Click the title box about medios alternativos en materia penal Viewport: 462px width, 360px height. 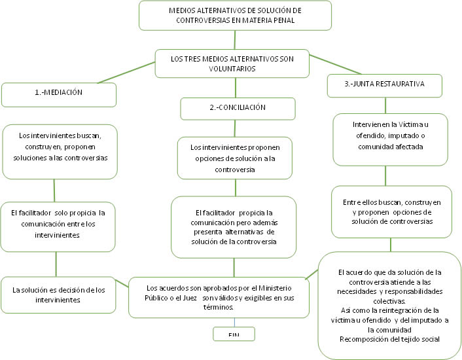(236, 15)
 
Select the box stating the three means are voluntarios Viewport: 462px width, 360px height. (232, 63)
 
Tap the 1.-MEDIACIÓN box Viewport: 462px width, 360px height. (59, 94)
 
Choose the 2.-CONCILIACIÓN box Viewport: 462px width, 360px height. (233, 107)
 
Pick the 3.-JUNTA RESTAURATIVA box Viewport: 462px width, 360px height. (384, 84)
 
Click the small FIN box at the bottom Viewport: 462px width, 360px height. (234, 334)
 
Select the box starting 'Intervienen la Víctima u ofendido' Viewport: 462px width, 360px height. (390, 139)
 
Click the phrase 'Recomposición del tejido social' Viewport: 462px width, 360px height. (390, 338)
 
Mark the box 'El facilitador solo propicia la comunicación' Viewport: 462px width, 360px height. (59, 223)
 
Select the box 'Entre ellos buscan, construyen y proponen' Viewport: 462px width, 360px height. (391, 212)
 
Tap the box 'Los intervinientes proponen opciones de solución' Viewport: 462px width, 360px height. (233, 158)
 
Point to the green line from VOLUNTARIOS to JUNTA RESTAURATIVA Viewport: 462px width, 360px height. (337, 65)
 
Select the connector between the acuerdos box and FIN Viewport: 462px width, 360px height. (234, 323)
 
